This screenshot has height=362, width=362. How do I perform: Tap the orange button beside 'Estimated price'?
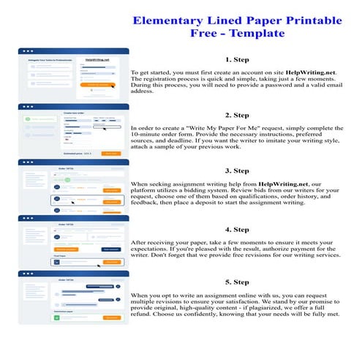point(110,154)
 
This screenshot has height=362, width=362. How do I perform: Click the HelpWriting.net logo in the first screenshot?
point(97,60)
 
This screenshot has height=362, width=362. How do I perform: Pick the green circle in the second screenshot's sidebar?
point(27,118)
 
